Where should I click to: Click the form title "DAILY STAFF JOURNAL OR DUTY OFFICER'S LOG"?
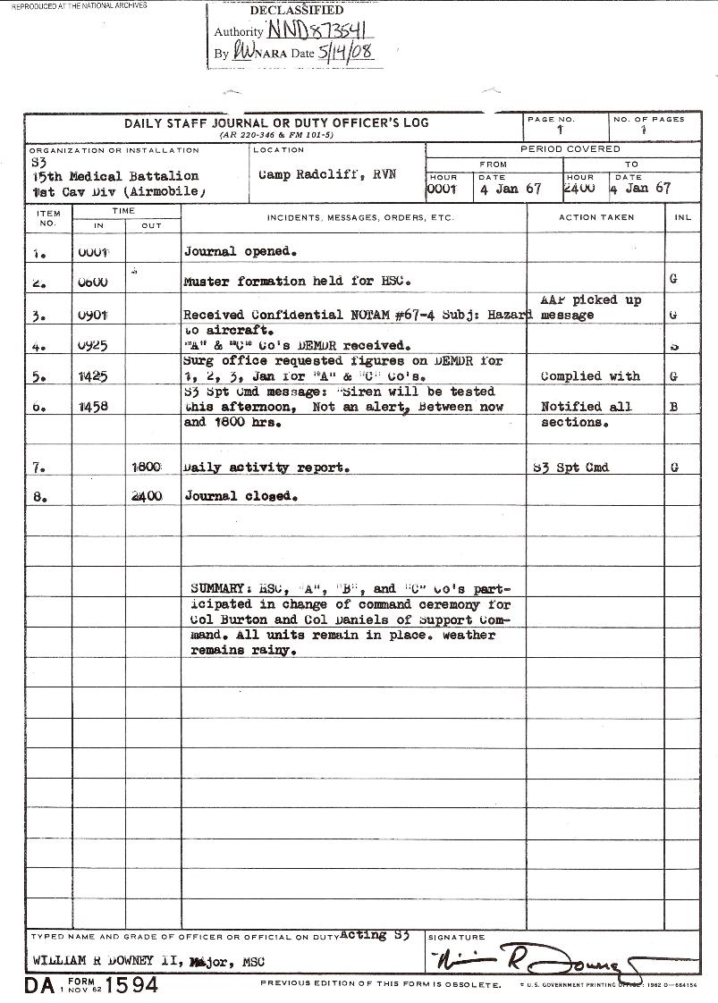pos(276,123)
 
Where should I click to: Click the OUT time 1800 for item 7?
pos(147,468)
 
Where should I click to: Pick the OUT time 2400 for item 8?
pos(147,496)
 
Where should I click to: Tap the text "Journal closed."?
pos(241,496)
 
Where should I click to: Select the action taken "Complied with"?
pos(590,376)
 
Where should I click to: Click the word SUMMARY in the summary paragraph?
pos(219,589)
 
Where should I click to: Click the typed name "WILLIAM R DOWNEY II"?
pos(105,962)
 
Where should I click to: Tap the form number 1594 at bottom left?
pos(131,986)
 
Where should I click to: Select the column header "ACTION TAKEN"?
pos(596,217)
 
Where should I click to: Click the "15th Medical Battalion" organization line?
pos(114,176)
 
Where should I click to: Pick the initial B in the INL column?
pos(673,407)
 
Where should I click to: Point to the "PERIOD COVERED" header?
pos(570,149)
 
